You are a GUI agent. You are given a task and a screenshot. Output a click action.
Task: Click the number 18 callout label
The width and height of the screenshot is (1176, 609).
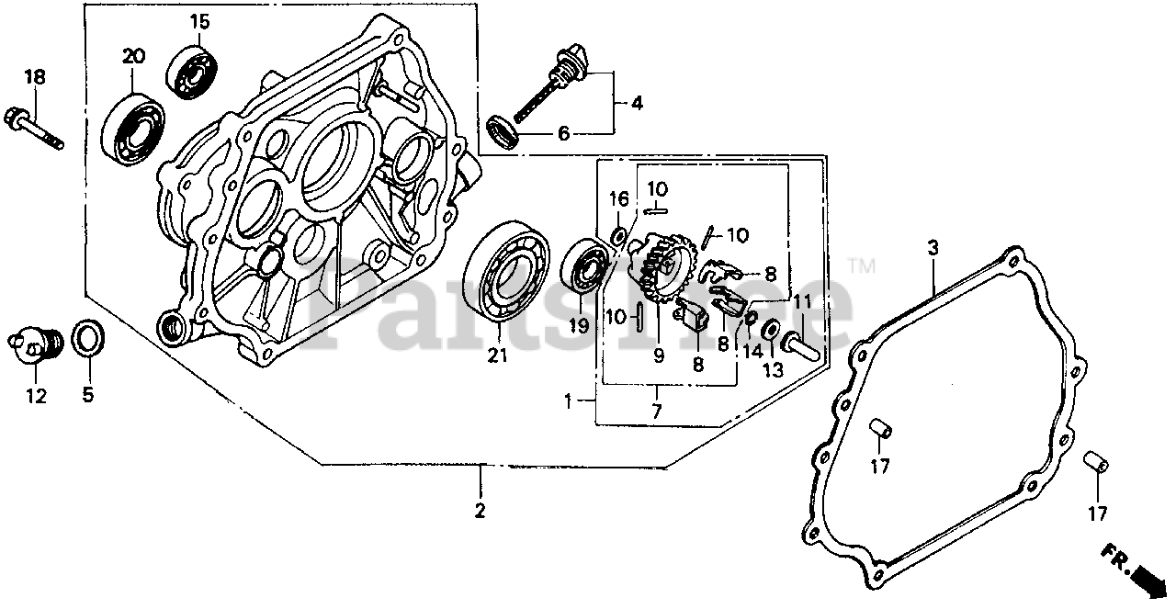[x=34, y=78]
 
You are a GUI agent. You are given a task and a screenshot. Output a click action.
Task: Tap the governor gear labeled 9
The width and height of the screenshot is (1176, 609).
[x=663, y=267]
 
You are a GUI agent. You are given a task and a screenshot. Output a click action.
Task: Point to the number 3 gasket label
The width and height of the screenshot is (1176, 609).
[x=933, y=249]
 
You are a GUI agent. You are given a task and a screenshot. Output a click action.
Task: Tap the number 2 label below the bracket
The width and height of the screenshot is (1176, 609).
[x=481, y=510]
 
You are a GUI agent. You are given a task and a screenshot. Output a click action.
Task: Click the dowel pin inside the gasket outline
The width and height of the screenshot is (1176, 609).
[x=879, y=428]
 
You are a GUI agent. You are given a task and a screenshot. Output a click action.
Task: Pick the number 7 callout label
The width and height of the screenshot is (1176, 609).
[x=657, y=412]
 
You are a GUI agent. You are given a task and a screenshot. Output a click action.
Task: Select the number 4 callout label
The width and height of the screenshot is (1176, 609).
[x=636, y=104]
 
